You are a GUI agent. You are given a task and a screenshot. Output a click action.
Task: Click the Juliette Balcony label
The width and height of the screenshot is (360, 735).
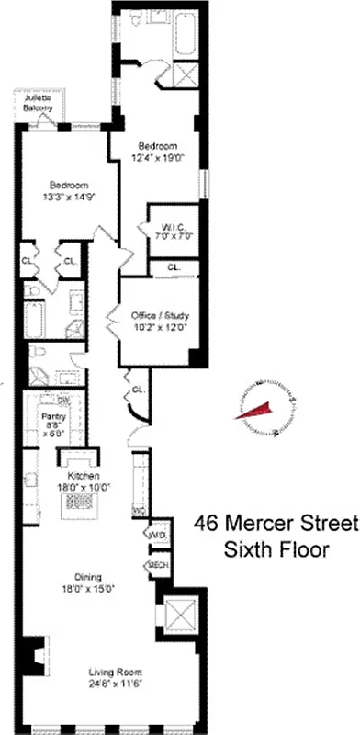click(38, 102)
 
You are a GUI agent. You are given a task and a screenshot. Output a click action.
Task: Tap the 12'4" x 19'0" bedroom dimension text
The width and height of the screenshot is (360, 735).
click(157, 157)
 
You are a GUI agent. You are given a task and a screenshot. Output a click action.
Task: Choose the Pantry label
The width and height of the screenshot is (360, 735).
click(51, 416)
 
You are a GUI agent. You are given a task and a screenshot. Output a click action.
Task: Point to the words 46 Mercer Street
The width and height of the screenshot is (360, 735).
click(274, 525)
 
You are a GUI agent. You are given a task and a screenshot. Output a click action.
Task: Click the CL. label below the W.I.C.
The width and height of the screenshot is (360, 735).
click(174, 267)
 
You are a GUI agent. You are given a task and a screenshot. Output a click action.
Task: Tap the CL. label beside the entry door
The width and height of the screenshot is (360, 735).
click(138, 390)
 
